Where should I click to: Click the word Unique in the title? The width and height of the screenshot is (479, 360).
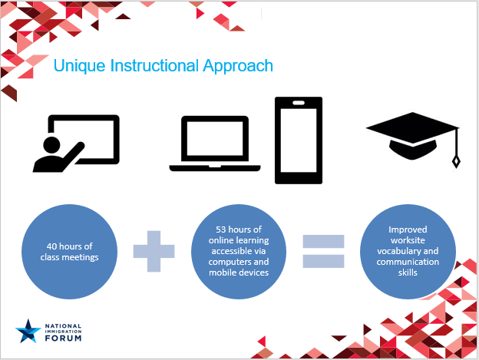(x=79, y=66)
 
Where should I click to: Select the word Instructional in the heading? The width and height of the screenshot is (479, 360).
(x=154, y=65)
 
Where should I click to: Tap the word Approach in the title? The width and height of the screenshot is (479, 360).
(x=238, y=66)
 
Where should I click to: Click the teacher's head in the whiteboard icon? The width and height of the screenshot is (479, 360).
(x=51, y=145)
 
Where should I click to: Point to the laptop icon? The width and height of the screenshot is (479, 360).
(x=215, y=144)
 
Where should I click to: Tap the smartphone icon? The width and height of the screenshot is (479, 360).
(x=299, y=140)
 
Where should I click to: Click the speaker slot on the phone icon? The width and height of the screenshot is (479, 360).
(x=299, y=103)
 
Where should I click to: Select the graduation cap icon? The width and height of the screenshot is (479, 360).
(x=413, y=137)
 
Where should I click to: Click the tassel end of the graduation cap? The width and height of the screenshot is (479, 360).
(x=456, y=162)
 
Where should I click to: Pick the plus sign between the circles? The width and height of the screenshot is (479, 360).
(x=154, y=251)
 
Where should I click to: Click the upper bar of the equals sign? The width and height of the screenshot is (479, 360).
(x=323, y=241)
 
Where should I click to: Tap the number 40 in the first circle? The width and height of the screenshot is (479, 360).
(x=52, y=246)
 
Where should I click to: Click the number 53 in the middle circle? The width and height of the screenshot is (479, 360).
(x=221, y=230)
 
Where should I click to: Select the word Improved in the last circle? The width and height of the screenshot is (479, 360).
(x=408, y=230)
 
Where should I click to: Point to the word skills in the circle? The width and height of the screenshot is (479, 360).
(x=408, y=272)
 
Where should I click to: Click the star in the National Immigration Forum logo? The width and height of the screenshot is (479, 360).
(x=28, y=332)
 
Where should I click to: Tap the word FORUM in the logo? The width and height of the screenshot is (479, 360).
(x=63, y=338)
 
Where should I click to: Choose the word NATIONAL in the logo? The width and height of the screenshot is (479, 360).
(x=63, y=326)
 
